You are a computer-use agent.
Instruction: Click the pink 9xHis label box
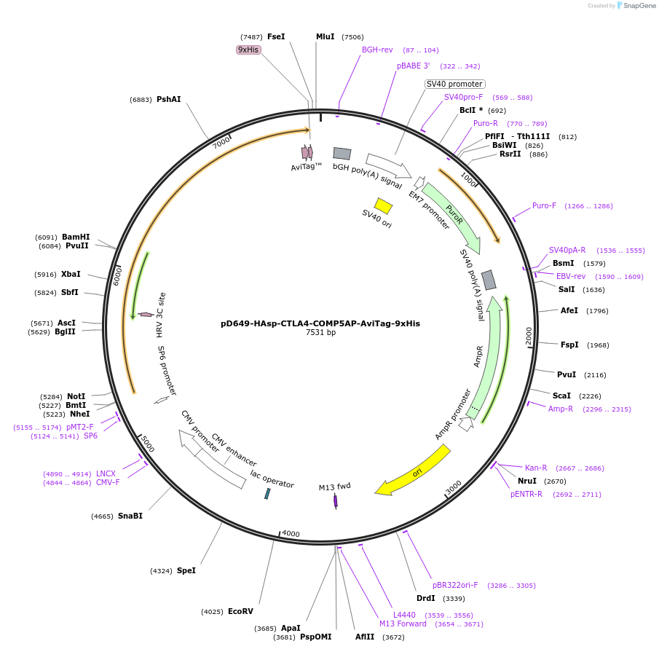[248, 50]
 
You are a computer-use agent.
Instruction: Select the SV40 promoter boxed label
[454, 84]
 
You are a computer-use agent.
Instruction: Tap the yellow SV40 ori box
[383, 205]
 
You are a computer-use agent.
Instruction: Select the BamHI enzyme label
[76, 237]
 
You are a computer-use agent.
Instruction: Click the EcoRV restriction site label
[240, 612]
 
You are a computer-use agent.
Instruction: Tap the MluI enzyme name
[325, 36]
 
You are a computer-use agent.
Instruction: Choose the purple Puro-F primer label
[544, 205]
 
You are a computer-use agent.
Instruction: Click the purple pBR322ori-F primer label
[455, 585]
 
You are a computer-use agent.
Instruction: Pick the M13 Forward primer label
[403, 624]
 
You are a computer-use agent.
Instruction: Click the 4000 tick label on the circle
[291, 534]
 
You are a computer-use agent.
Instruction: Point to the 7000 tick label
[222, 142]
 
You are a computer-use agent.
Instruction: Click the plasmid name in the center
[320, 323]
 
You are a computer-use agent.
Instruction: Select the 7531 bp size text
[320, 333]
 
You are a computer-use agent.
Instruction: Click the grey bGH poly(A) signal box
[342, 153]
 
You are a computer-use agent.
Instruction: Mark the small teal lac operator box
[267, 494]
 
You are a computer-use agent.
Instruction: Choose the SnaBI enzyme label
[130, 516]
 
